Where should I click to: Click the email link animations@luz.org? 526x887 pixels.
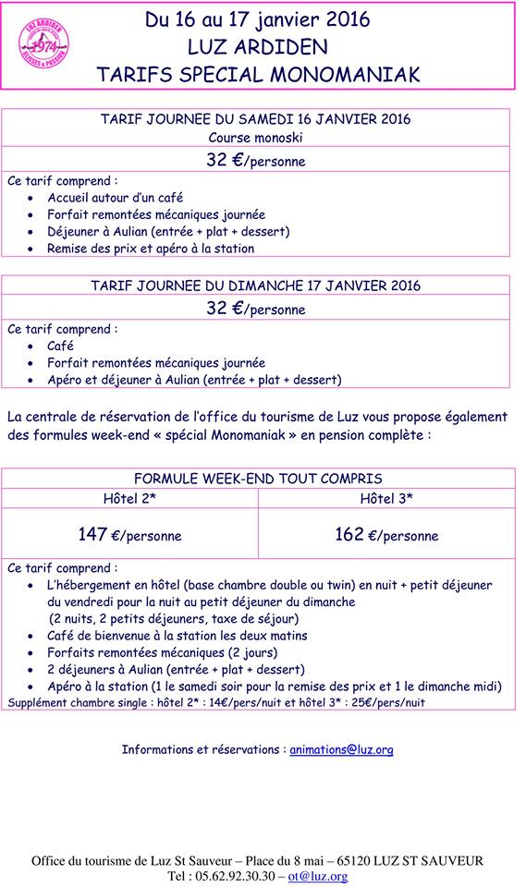pyautogui.click(x=341, y=749)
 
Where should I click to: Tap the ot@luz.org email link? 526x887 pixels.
pyautogui.click(x=317, y=876)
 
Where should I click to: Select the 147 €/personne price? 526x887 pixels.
pyautogui.click(x=129, y=535)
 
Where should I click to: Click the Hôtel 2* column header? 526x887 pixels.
pyautogui.click(x=129, y=498)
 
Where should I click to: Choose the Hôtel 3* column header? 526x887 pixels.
pyautogui.click(x=386, y=498)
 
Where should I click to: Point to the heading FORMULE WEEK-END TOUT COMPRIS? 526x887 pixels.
pyautogui.click(x=258, y=479)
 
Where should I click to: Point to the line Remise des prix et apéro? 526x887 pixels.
pyautogui.click(x=150, y=248)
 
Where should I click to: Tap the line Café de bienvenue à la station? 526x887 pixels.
pyautogui.click(x=177, y=636)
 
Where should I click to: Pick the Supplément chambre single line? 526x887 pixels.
pyautogui.click(x=217, y=703)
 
